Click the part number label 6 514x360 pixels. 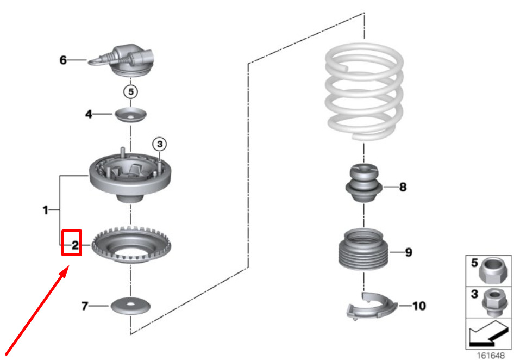63,60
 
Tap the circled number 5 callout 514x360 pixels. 131,91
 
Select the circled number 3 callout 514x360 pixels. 160,144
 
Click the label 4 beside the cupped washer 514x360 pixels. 89,114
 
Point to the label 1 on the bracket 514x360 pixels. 46,210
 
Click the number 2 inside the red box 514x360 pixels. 75,245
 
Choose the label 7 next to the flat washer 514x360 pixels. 85,306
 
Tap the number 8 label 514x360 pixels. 403,187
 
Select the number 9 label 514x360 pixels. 409,252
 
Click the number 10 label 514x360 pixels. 419,306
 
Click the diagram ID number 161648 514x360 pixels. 491,356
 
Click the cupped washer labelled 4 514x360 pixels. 130,115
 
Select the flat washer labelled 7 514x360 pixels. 130,306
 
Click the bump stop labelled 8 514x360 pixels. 364,183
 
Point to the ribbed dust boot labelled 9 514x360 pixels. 363,249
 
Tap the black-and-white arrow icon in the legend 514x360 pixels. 488,334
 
